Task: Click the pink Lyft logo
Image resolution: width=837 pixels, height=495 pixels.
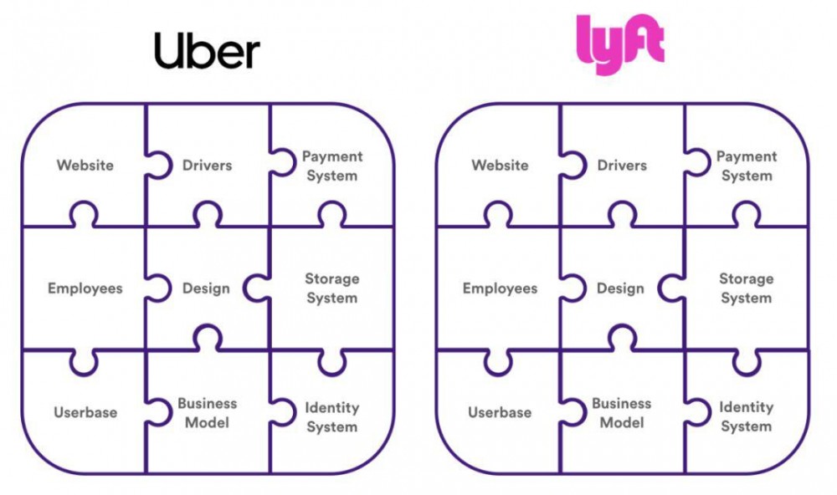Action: pyautogui.click(x=621, y=43)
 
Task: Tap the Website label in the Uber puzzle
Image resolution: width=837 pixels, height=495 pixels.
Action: pyautogui.click(x=85, y=166)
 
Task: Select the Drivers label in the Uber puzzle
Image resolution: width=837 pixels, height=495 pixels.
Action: pyautogui.click(x=207, y=166)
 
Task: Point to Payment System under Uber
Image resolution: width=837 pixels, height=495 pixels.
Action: pyautogui.click(x=332, y=166)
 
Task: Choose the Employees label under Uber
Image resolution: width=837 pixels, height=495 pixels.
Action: pyautogui.click(x=85, y=288)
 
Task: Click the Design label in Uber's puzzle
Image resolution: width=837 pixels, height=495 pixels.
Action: pyautogui.click(x=206, y=288)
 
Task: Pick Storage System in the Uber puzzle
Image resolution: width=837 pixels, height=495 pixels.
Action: pyautogui.click(x=332, y=288)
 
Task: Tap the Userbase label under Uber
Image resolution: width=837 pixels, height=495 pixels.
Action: pyautogui.click(x=85, y=412)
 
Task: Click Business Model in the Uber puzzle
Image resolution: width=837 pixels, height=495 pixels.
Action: pyautogui.click(x=207, y=412)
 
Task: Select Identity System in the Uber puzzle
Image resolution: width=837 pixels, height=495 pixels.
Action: pyautogui.click(x=332, y=416)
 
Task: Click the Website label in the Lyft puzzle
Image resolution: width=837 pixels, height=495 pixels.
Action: pyautogui.click(x=500, y=166)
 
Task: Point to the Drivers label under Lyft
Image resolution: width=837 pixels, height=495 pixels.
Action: pyautogui.click(x=622, y=166)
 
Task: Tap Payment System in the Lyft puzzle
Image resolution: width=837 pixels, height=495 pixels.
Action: pyautogui.click(x=747, y=166)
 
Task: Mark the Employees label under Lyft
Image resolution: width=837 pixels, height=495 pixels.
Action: pyautogui.click(x=500, y=288)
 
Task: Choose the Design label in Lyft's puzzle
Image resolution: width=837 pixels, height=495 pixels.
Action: pyautogui.click(x=621, y=288)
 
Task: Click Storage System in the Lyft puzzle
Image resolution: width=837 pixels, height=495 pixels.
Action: pyautogui.click(x=747, y=288)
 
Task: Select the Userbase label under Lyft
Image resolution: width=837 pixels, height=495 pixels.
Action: pyautogui.click(x=500, y=412)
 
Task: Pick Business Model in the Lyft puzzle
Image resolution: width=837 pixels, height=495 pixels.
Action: pyautogui.click(x=622, y=412)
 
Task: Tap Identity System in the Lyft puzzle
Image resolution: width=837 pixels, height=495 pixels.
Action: pyautogui.click(x=747, y=416)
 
